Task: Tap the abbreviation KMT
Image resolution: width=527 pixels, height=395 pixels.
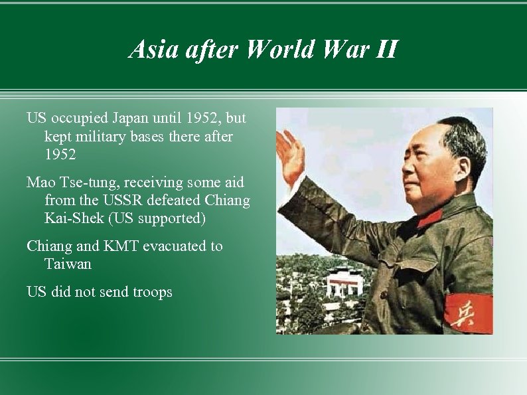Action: [121, 246]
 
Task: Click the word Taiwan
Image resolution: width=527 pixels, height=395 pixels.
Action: [68, 264]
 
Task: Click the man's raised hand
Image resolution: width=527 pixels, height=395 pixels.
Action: [289, 154]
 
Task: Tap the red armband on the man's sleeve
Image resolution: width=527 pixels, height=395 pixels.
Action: [468, 313]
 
